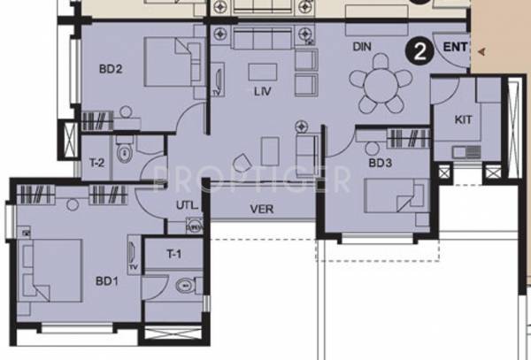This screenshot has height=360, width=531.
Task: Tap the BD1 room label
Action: (106, 282)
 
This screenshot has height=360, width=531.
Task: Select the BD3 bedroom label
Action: (380, 163)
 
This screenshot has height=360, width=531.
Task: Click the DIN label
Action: (361, 45)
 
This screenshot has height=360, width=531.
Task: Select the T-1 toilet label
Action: (176, 254)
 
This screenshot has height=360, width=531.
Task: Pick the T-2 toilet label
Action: (97, 162)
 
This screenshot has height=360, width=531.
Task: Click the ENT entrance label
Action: (456, 47)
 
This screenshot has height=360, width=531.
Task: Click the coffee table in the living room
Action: (262, 72)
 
